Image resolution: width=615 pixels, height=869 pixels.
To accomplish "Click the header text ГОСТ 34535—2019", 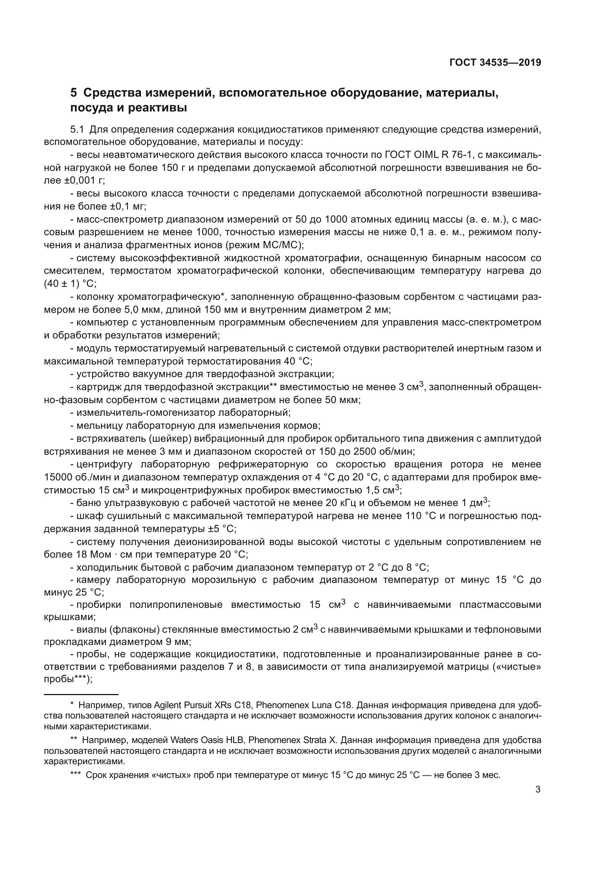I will [x=495, y=62].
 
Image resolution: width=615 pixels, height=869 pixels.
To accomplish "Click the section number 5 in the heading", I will [x=74, y=93].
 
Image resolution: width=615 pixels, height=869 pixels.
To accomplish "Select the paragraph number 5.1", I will [x=77, y=129].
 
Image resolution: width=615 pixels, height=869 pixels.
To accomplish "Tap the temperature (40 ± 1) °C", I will [x=70, y=283].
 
